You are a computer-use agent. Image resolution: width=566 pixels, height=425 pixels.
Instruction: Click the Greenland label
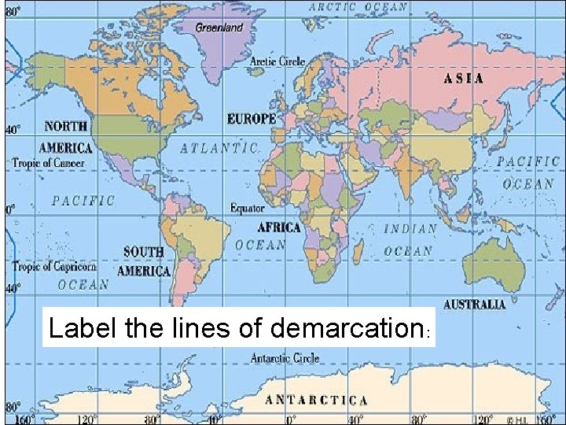pyautogui.click(x=219, y=27)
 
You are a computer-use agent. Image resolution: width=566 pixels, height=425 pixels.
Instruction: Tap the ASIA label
pyautogui.click(x=464, y=79)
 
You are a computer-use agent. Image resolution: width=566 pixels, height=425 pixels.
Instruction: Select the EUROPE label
pyautogui.click(x=252, y=119)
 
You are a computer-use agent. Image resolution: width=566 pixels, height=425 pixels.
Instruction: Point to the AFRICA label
pyautogui.click(x=279, y=227)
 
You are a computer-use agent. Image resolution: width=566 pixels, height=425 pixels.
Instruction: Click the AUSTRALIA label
pyautogui.click(x=475, y=304)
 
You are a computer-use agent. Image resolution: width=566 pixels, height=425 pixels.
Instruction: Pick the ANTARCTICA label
pyautogui.click(x=316, y=400)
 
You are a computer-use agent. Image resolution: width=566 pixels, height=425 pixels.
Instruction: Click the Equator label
pyautogui.click(x=247, y=208)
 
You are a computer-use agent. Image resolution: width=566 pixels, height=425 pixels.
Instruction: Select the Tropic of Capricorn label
pyautogui.click(x=54, y=267)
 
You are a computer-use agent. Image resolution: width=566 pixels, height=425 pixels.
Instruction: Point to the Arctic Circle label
pyautogui.click(x=277, y=61)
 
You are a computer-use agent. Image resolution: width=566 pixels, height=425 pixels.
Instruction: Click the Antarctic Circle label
pyautogui.click(x=285, y=358)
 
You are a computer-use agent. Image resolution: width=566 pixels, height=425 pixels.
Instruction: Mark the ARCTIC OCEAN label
pyautogui.click(x=358, y=7)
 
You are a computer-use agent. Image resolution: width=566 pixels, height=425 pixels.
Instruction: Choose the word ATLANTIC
pyautogui.click(x=220, y=148)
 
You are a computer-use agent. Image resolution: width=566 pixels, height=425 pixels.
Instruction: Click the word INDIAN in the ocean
pyautogui.click(x=410, y=229)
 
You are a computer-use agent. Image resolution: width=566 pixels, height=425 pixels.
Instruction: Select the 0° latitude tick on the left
pyautogui.click(x=10, y=209)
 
